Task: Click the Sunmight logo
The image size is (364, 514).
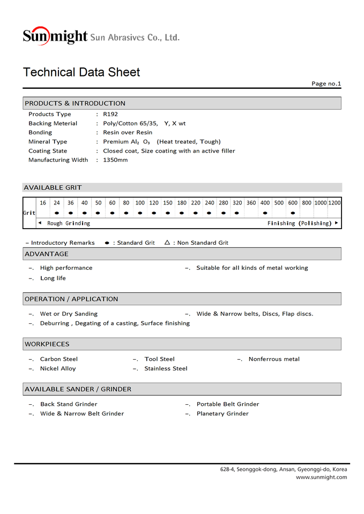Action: click(55, 36)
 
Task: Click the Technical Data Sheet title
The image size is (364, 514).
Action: click(81, 72)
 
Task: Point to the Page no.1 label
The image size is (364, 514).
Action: click(326, 84)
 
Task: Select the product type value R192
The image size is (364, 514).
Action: click(110, 114)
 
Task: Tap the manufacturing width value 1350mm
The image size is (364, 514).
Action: click(115, 160)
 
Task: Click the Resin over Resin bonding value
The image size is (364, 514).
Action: click(128, 132)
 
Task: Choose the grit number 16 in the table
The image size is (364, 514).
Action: click(43, 203)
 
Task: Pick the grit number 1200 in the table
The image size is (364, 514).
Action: click(335, 203)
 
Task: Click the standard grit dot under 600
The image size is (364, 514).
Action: click(293, 213)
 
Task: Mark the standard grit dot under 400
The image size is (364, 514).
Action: click(265, 213)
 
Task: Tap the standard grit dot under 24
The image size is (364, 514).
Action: click(56, 213)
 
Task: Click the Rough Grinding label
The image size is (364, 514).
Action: click(69, 223)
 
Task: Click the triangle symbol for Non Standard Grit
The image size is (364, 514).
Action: click(167, 243)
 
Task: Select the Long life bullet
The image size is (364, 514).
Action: click(53, 278)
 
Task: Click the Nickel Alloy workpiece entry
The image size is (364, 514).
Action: click(58, 369)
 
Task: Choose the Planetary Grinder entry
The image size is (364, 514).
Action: click(222, 414)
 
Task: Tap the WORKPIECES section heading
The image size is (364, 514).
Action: click(47, 344)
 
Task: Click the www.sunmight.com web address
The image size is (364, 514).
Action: click(321, 477)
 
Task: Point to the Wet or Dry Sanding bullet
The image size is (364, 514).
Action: click(69, 314)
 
